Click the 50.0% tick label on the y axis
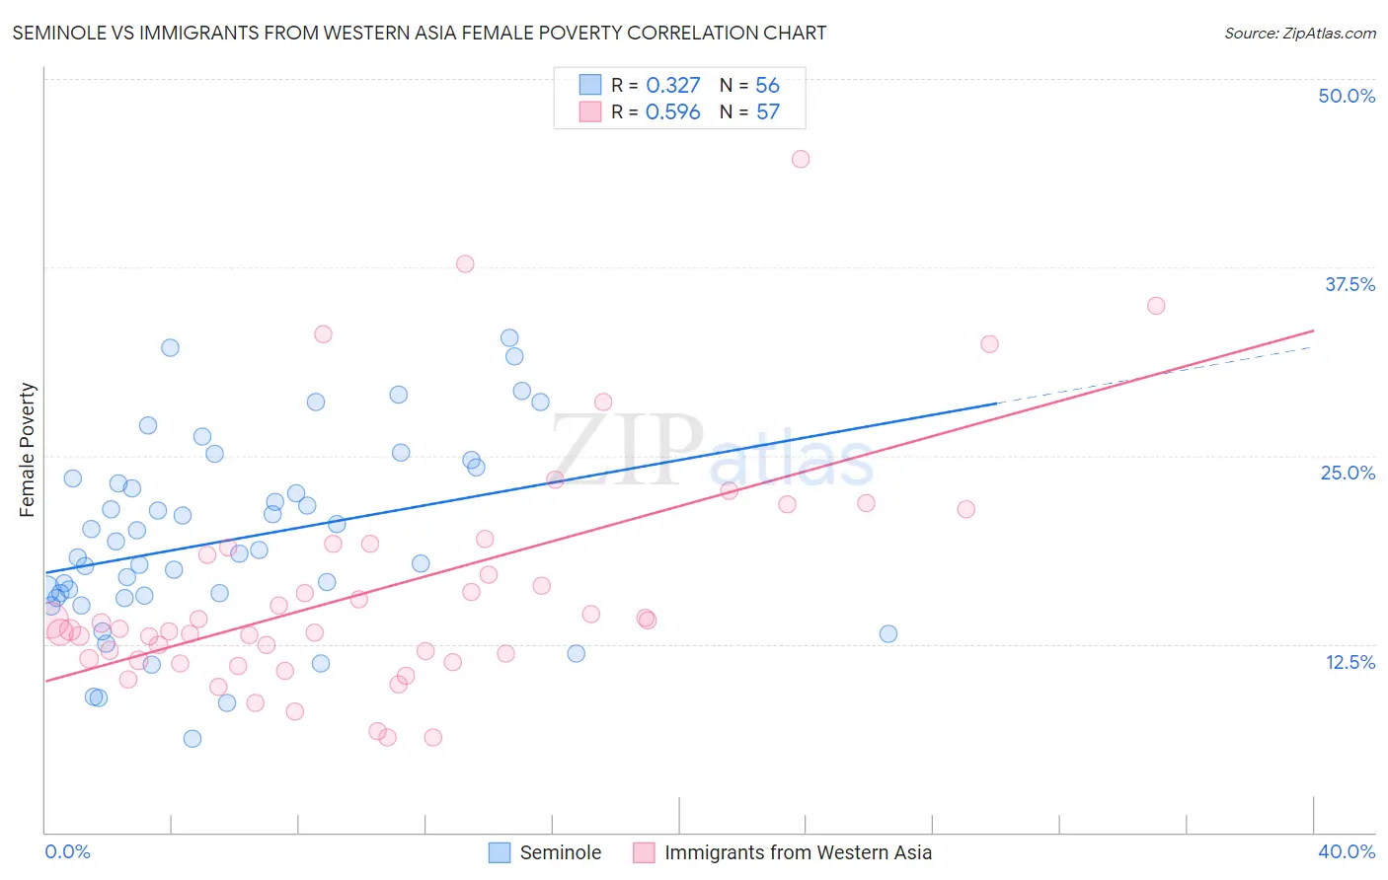pos(1347,96)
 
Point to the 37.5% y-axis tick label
pos(1349,284)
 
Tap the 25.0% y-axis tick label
pos(1347,473)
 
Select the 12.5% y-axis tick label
pos(1349,662)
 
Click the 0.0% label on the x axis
pos(67,851)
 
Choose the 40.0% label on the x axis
pos(1346,851)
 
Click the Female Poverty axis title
pos(28,450)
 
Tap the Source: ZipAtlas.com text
pos(1299,33)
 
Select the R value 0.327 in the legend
pos(672,86)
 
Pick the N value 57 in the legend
pos(767,112)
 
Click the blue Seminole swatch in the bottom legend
pos(501,852)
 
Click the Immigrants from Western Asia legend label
pos(797,852)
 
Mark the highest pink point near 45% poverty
pos(801,159)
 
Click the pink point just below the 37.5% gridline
pos(465,263)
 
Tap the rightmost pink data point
pos(1156,306)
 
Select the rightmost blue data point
pos(888,633)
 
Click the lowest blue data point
pos(193,739)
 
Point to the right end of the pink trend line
pos(1314,330)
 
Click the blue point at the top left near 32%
pos(170,347)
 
